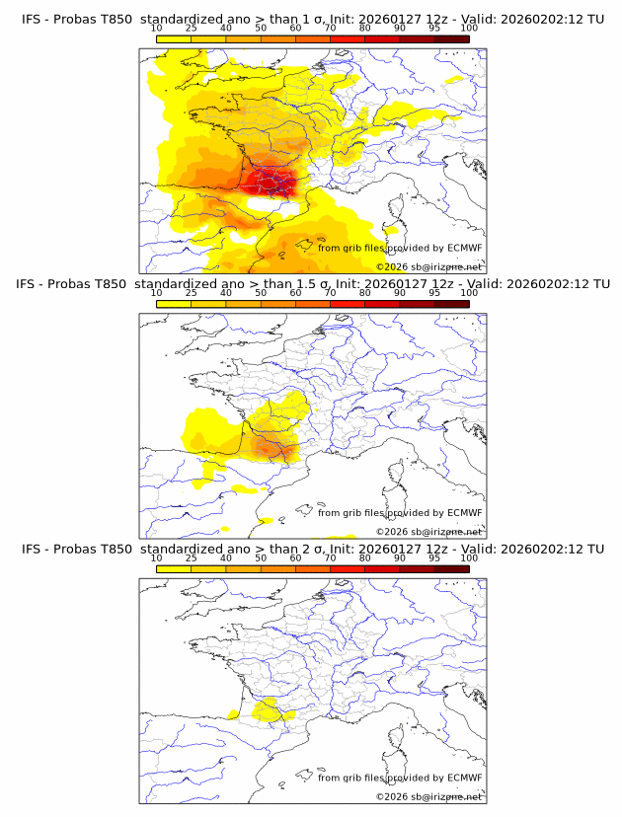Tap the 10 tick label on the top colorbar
coord(156,29)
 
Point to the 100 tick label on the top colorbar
coord(469,29)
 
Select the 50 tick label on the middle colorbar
coord(261,293)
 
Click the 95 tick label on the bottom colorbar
coord(434,558)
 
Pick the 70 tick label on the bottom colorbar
coord(330,558)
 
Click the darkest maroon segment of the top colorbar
coord(451,38)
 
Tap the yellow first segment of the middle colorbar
coord(173,304)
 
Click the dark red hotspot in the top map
coord(269,182)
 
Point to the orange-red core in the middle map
coord(269,446)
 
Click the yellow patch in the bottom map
coord(267,709)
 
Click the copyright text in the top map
coord(428,267)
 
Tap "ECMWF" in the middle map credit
coord(464,512)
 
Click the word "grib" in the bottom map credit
coord(354,778)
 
